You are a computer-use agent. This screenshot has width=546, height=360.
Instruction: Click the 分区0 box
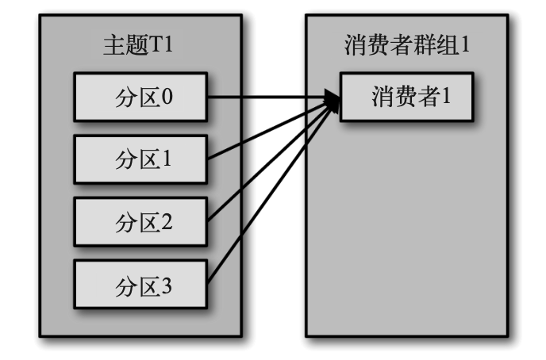click(x=140, y=97)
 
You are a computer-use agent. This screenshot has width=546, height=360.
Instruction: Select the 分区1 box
click(x=140, y=159)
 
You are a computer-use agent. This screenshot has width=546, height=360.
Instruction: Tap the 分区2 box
click(x=140, y=220)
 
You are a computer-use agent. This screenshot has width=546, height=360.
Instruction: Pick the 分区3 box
click(x=140, y=283)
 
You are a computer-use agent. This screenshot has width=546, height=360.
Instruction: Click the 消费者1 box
click(x=407, y=97)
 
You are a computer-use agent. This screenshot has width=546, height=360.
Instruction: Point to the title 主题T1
click(x=138, y=44)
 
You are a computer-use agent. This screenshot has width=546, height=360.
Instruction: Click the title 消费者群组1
click(x=407, y=44)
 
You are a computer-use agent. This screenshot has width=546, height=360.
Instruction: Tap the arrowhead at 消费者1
click(x=332, y=100)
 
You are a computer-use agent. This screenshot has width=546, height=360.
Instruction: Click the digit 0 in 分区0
click(x=167, y=97)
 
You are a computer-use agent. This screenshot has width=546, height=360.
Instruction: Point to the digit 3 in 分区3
click(x=167, y=283)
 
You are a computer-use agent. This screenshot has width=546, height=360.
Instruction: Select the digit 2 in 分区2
click(x=167, y=220)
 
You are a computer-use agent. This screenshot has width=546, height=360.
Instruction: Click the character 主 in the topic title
click(x=113, y=44)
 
